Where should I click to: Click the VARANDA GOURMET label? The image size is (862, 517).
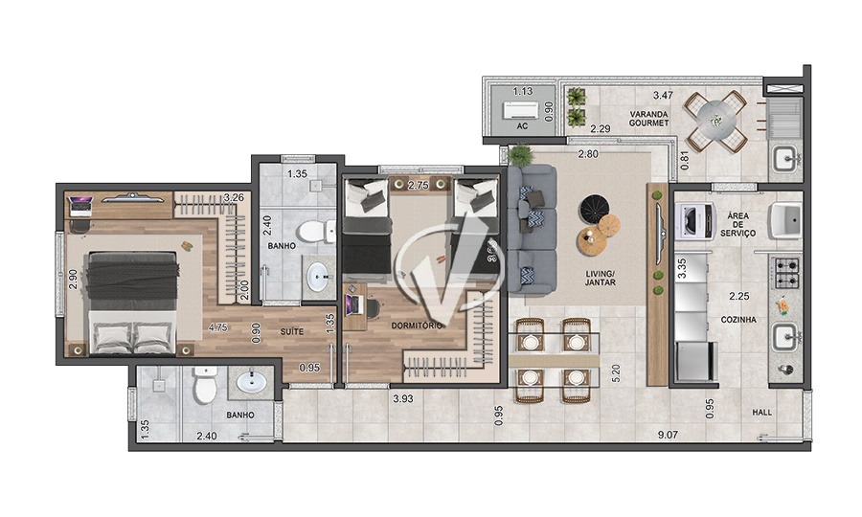pyautogui.click(x=648, y=121)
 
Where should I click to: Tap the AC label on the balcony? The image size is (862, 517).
pyautogui.click(x=522, y=125)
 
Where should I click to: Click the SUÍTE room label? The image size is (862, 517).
pyautogui.click(x=292, y=330)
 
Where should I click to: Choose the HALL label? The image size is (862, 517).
pyautogui.click(x=761, y=413)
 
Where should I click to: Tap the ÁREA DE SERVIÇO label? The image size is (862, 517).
pyautogui.click(x=737, y=224)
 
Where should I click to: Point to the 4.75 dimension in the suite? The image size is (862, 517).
pyautogui.click(x=219, y=326)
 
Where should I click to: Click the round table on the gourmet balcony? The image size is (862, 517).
pyautogui.click(x=716, y=120)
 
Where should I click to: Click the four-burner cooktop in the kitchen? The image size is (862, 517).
pyautogui.click(x=786, y=272)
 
